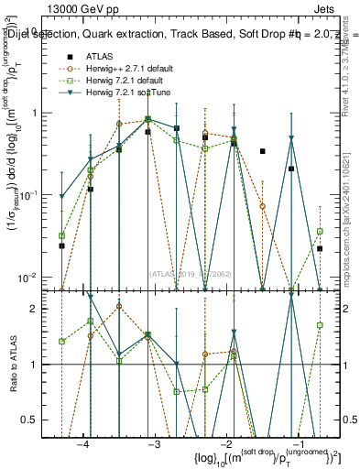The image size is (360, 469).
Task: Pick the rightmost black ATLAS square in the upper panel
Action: coord(320,248)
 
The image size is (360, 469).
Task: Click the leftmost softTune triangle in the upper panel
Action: coord(61,196)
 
